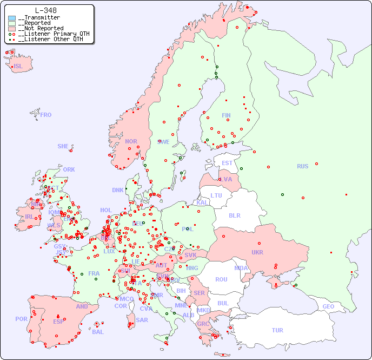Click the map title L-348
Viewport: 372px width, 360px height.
(x=46, y=10)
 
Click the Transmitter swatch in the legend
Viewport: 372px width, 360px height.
(x=12, y=18)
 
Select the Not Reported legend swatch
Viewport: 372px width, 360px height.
(x=12, y=29)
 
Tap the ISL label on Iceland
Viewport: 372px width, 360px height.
(x=18, y=67)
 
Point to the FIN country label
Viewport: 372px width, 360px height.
(x=226, y=115)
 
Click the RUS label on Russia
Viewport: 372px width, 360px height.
(x=302, y=166)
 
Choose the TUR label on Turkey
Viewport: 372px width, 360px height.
(x=277, y=330)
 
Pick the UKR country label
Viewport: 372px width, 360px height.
(x=257, y=252)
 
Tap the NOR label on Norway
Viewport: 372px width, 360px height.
(x=131, y=141)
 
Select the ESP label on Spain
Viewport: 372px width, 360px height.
(x=58, y=322)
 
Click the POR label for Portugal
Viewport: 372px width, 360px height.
(x=21, y=319)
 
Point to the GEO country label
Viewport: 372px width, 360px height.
(x=328, y=306)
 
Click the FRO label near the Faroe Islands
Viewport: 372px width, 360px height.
(x=46, y=115)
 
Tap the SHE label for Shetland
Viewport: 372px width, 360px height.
(x=63, y=146)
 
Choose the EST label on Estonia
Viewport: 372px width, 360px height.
(x=227, y=163)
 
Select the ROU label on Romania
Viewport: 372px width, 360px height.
(x=221, y=279)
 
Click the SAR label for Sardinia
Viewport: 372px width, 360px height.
(x=142, y=320)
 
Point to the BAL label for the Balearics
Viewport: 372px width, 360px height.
(x=98, y=332)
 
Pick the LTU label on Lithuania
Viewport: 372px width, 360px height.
(x=216, y=195)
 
